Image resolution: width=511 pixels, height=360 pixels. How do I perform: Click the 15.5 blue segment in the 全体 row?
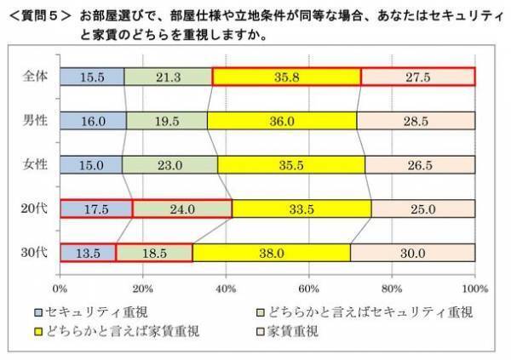pos(92,77)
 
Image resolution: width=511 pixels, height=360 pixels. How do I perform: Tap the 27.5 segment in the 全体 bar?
pos(417,77)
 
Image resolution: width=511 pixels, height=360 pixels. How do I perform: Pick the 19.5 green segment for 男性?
pos(167,121)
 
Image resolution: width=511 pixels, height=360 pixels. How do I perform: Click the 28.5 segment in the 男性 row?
pos(416,121)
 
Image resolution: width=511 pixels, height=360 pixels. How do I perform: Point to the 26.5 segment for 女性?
pos(420,164)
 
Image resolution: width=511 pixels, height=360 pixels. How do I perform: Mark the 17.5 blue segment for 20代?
pos(96,209)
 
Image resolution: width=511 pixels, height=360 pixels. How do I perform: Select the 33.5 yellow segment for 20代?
pos(301,209)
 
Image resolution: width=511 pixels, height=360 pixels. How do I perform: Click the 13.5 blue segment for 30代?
pos(88,253)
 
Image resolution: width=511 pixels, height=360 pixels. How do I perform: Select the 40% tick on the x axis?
pos(226,288)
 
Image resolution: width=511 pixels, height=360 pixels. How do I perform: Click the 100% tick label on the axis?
pos(474,288)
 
